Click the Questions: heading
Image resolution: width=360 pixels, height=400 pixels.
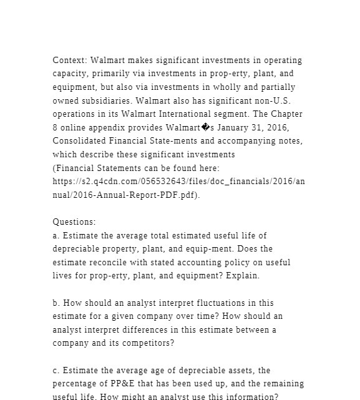click(74, 222)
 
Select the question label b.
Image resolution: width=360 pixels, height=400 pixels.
click(56, 303)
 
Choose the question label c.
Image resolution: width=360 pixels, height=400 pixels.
click(56, 371)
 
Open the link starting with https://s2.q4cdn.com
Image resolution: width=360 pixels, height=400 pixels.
click(179, 181)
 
